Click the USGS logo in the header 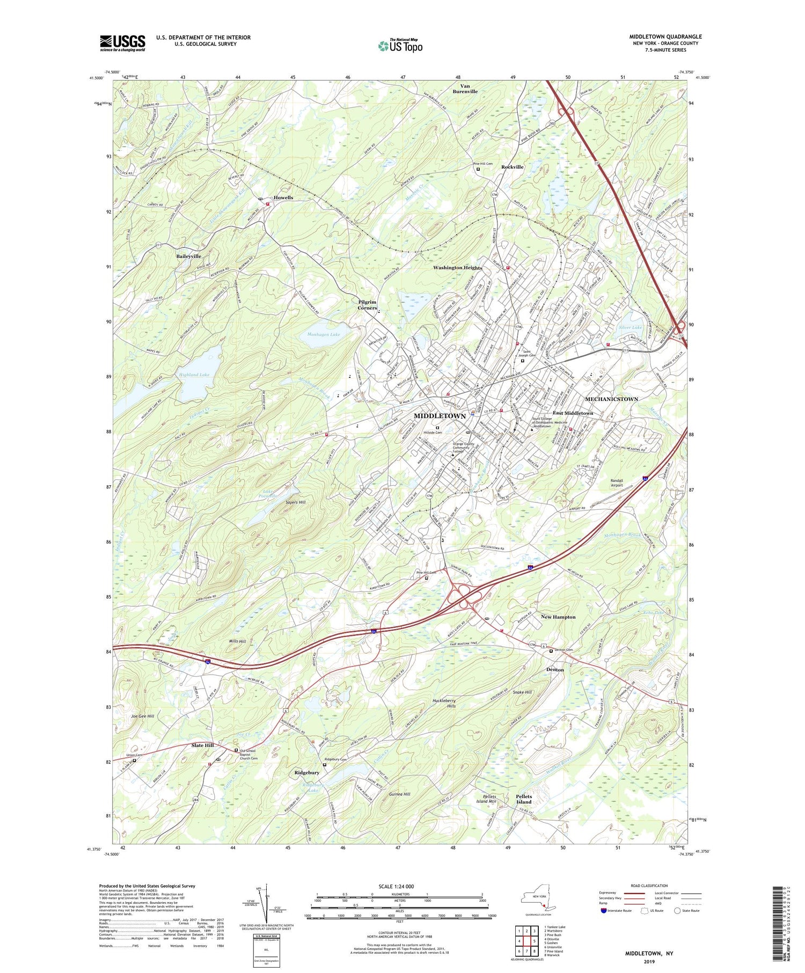pyautogui.click(x=122, y=43)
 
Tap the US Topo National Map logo pyautogui.click(x=400, y=46)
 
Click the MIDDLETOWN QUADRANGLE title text pyautogui.click(x=665, y=36)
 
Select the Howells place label pyautogui.click(x=283, y=197)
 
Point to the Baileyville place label pyautogui.click(x=188, y=257)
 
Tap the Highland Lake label pyautogui.click(x=194, y=375)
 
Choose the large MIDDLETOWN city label pyautogui.click(x=440, y=416)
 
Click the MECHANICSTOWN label pyautogui.click(x=611, y=399)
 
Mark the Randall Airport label pyautogui.click(x=617, y=482)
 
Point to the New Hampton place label pyautogui.click(x=558, y=617)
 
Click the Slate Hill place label pyautogui.click(x=202, y=745)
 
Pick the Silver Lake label pyautogui.click(x=630, y=327)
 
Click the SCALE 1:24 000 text pyautogui.click(x=399, y=886)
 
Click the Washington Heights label pyautogui.click(x=458, y=267)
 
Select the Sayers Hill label pyautogui.click(x=295, y=502)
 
